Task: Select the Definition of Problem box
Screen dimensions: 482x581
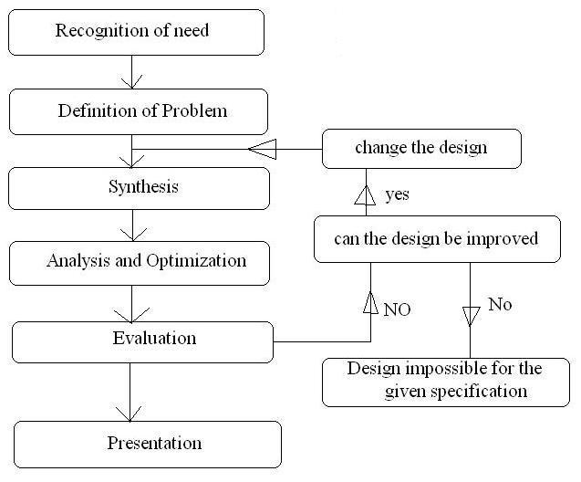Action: (x=139, y=112)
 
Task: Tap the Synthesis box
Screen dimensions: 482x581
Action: (x=139, y=188)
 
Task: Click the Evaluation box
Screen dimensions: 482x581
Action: (x=143, y=340)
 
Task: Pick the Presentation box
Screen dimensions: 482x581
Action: (x=148, y=445)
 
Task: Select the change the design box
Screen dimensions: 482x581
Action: (x=420, y=148)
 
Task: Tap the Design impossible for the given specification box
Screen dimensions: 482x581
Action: (x=444, y=382)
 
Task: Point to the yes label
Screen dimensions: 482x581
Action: (x=397, y=194)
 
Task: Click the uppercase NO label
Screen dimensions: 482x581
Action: (x=397, y=309)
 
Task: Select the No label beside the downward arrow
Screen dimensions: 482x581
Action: (x=500, y=304)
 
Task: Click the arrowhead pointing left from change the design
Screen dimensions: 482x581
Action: (x=262, y=148)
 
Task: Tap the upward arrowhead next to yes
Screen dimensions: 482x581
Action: (x=365, y=194)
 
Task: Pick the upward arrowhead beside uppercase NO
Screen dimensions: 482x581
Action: (x=371, y=302)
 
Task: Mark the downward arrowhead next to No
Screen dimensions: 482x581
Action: (x=471, y=316)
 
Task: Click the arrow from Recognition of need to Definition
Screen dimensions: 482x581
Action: (x=133, y=72)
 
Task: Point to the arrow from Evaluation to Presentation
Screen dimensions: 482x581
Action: (x=130, y=392)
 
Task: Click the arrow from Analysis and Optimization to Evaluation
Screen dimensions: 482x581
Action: (x=133, y=302)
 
